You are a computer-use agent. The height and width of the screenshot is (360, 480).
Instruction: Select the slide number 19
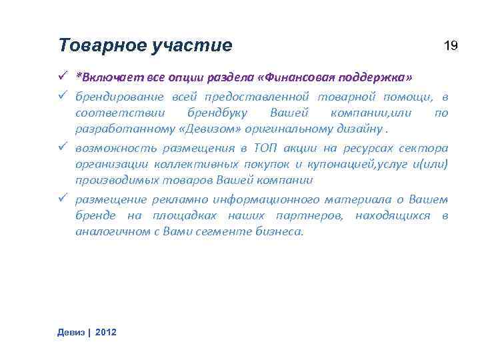451,45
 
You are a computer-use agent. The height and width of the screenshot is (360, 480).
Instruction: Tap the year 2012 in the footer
106,332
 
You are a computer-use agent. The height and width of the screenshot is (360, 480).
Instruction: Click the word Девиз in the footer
71,332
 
